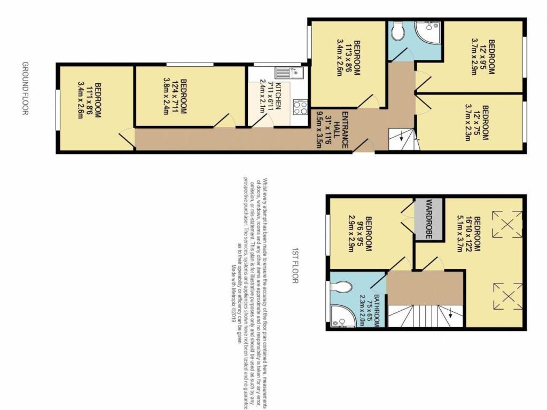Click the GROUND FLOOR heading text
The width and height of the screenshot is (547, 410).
25,88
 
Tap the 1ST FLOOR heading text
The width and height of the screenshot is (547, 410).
294,264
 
